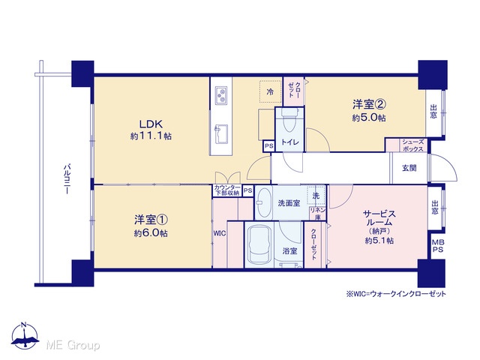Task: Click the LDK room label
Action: pyautogui.click(x=151, y=124)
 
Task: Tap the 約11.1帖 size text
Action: pyautogui.click(x=151, y=136)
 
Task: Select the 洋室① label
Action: pyautogui.click(x=151, y=220)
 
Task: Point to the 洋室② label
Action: pyautogui.click(x=369, y=105)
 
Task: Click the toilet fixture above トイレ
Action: pyautogui.click(x=289, y=120)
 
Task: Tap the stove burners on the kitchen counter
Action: pyautogui.click(x=221, y=95)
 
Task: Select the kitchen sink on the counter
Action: pyautogui.click(x=221, y=133)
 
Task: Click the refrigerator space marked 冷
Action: pyautogui.click(x=270, y=91)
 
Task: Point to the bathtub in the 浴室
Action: pyautogui.click(x=260, y=245)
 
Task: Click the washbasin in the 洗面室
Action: pyautogui.click(x=263, y=202)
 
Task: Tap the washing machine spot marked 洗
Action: pyautogui.click(x=316, y=196)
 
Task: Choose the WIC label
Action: pyautogui.click(x=220, y=233)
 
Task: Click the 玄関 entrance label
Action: pyautogui.click(x=409, y=168)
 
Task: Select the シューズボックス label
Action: pyautogui.click(x=412, y=145)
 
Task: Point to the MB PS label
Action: pyautogui.click(x=438, y=246)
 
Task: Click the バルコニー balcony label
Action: pyautogui.click(x=67, y=180)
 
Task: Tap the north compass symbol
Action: pyautogui.click(x=25, y=336)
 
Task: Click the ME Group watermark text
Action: pyautogui.click(x=73, y=345)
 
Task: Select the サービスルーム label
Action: pyautogui.click(x=379, y=218)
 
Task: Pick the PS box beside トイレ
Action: pyautogui.click(x=269, y=146)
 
